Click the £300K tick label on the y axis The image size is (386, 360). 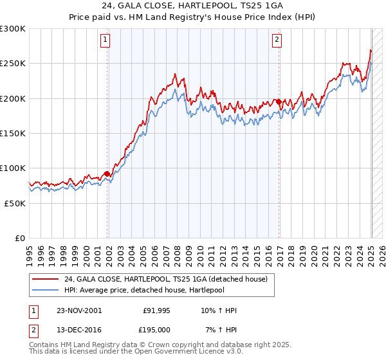[13, 29]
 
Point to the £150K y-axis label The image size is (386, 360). [13, 134]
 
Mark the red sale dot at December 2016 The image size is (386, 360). [279, 102]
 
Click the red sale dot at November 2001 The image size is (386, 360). [107, 174]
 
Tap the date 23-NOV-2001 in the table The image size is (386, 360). [78, 310]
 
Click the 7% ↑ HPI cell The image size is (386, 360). [220, 329]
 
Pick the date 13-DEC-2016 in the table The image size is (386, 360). [78, 329]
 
